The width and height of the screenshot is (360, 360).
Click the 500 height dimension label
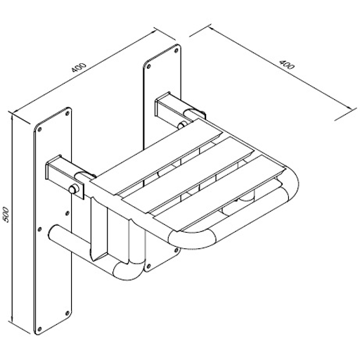pos(5,214)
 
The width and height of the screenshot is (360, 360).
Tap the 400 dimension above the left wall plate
pos(79,67)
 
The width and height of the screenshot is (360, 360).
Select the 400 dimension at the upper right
pos(286,65)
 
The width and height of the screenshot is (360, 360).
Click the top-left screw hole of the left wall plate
pos(39,129)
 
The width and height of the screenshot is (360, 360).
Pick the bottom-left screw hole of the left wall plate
pos(39,328)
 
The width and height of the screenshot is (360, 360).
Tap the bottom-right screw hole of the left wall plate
pos(67,312)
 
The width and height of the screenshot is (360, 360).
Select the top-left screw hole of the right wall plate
pos(148,66)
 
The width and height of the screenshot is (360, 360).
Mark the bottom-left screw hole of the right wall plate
pos(148,266)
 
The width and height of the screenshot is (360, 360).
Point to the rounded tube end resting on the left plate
pos(54,233)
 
